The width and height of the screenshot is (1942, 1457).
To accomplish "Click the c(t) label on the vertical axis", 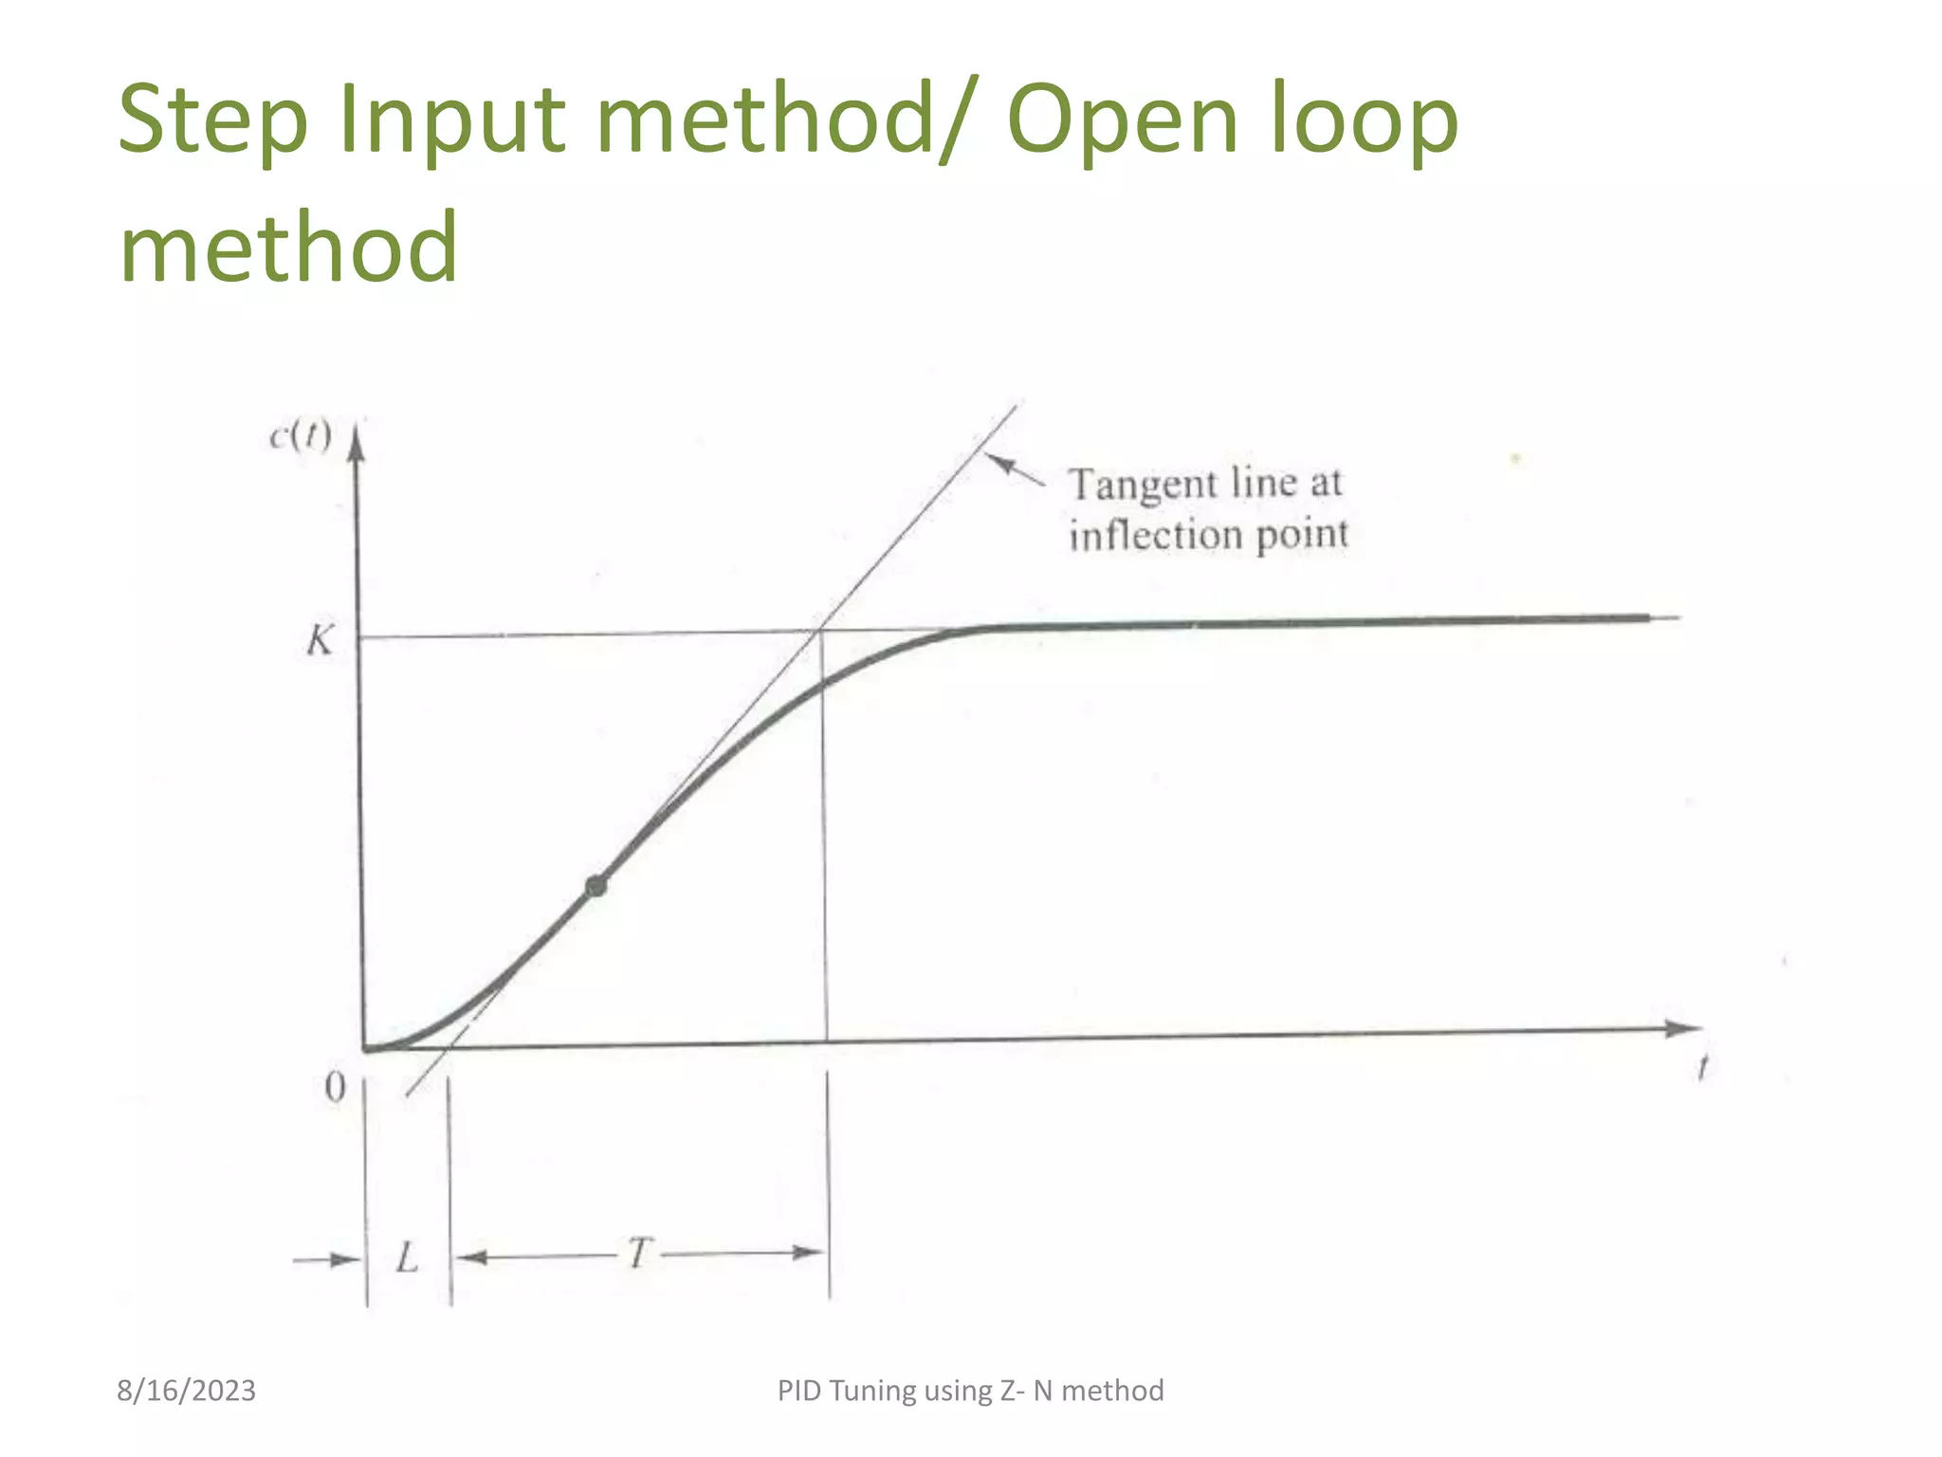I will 301,435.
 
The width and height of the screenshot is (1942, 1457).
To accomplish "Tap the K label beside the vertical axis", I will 320,641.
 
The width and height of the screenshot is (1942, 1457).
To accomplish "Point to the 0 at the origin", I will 335,1087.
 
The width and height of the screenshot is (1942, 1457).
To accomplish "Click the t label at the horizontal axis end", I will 1703,1069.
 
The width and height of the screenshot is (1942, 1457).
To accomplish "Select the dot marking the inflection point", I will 595,886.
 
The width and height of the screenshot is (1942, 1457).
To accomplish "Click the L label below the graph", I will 407,1258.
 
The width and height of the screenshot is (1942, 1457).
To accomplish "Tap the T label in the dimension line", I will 640,1253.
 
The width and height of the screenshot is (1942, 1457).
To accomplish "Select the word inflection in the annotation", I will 1156,535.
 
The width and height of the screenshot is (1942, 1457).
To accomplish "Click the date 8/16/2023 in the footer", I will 186,1391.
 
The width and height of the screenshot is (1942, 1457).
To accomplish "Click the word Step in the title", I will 213,120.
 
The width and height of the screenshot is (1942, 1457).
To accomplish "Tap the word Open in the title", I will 1122,120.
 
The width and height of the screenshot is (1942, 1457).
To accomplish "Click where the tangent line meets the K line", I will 821,629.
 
